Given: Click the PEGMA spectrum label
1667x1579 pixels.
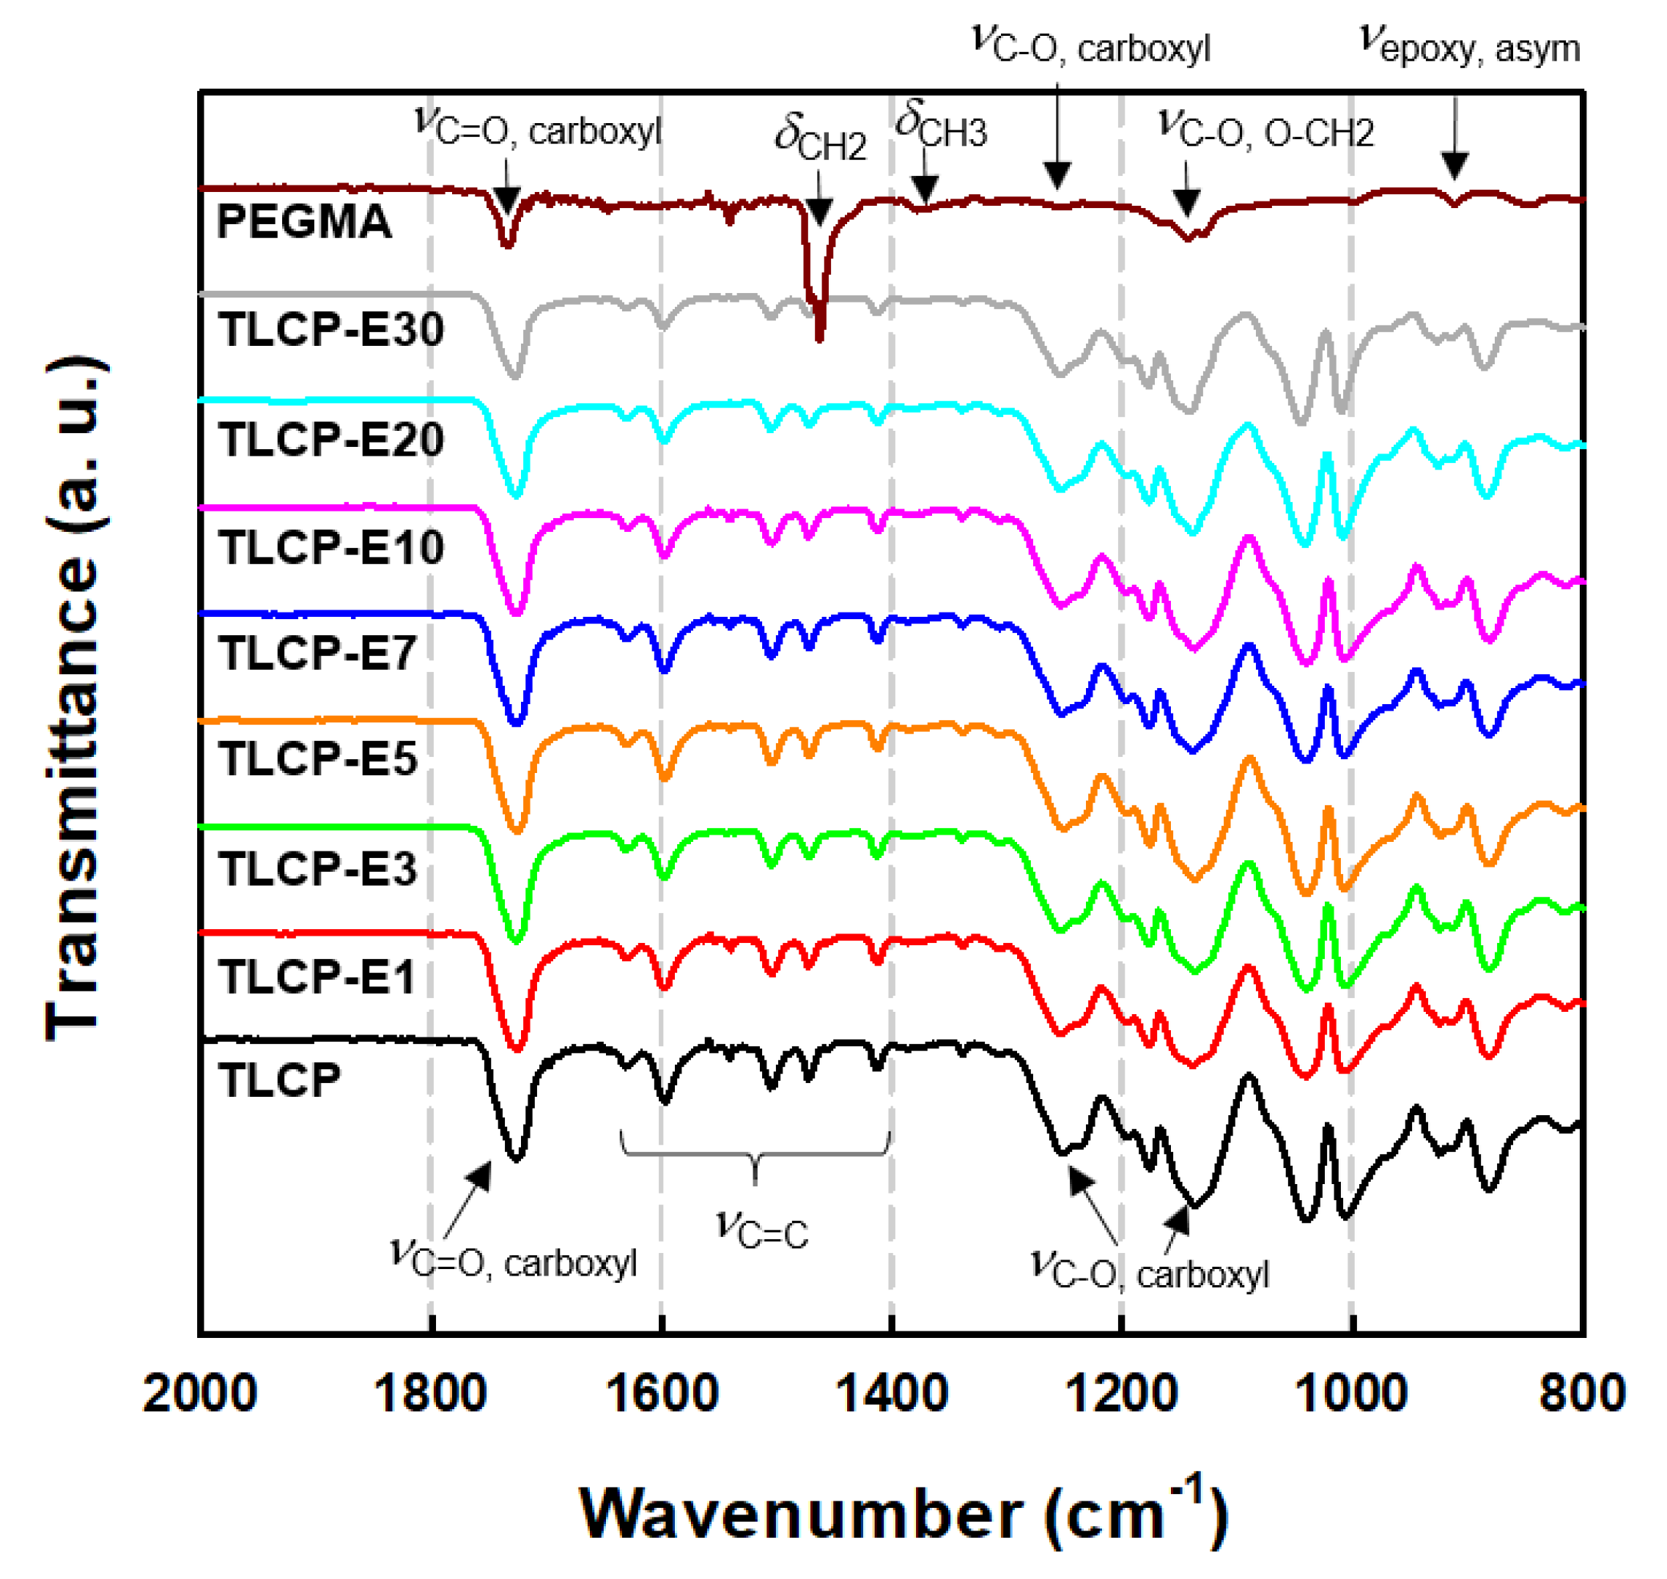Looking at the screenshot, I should (304, 222).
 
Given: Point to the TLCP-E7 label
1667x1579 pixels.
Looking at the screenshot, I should (317, 653).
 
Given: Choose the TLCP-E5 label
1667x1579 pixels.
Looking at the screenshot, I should (317, 759).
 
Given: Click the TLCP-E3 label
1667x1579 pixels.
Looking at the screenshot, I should (317, 868).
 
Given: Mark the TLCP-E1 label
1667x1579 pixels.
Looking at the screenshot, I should (317, 977).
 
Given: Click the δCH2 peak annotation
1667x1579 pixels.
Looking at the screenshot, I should (820, 139).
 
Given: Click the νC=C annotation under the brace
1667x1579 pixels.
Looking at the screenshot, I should (762, 1229).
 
